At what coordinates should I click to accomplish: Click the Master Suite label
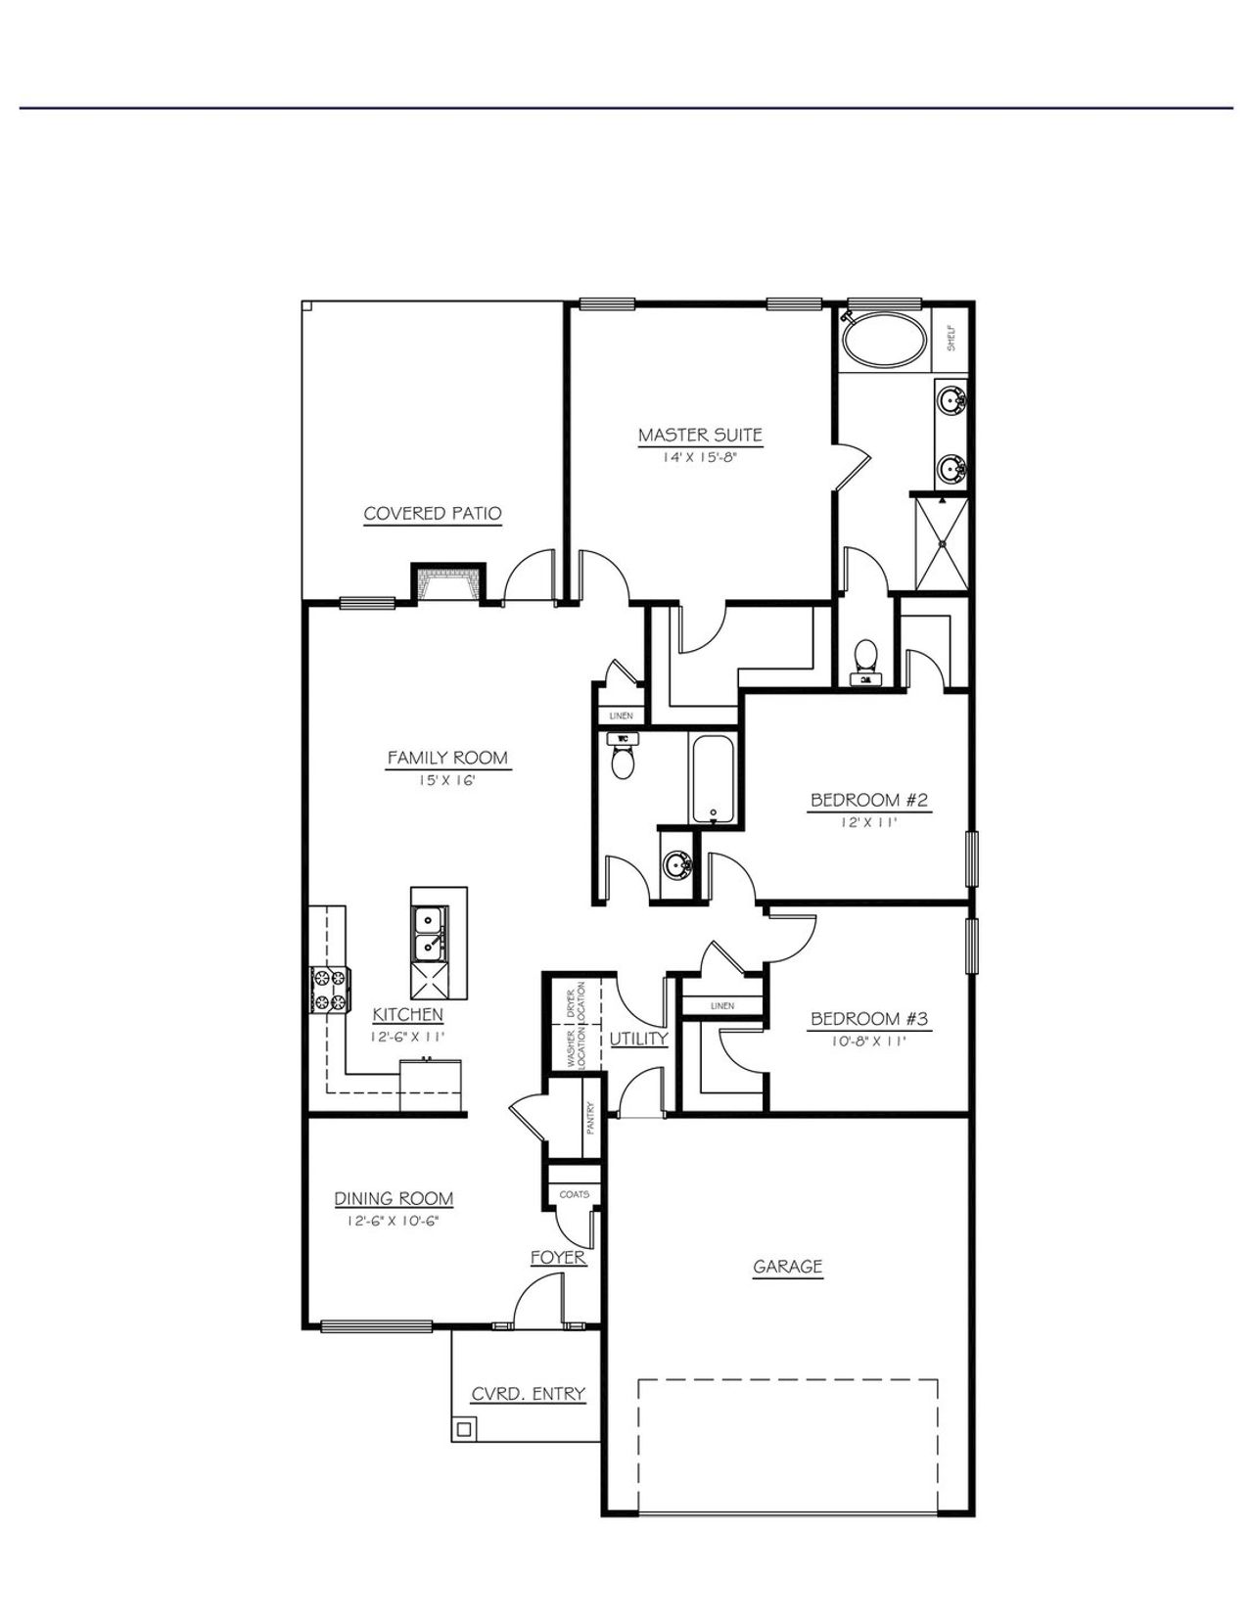(700, 435)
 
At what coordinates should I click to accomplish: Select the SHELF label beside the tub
(951, 338)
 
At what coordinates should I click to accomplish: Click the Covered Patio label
(433, 514)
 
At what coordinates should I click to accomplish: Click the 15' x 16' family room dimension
(446, 780)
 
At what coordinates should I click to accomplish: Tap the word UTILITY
(638, 1039)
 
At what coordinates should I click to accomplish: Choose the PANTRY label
(590, 1118)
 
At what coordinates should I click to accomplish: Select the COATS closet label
(574, 1194)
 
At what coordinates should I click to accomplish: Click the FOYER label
(558, 1258)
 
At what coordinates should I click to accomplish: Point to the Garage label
(787, 1267)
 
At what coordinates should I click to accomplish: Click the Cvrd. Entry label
(528, 1394)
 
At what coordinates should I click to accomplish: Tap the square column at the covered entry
(465, 1428)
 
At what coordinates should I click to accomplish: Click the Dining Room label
(394, 1198)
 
